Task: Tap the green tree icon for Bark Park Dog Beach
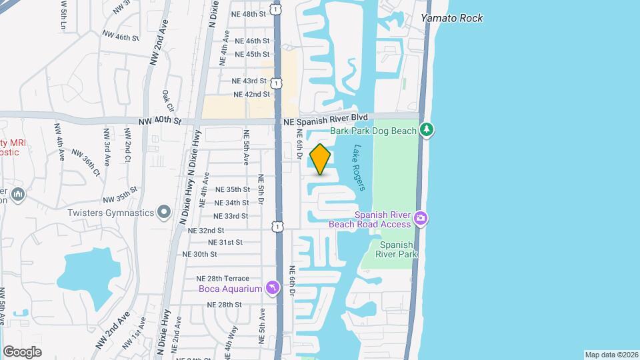(427, 129)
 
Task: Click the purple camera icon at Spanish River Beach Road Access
(420, 218)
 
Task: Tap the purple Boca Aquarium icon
(272, 287)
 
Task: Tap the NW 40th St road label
(159, 121)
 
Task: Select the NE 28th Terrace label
(222, 278)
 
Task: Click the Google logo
(22, 351)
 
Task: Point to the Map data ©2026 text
(611, 355)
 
